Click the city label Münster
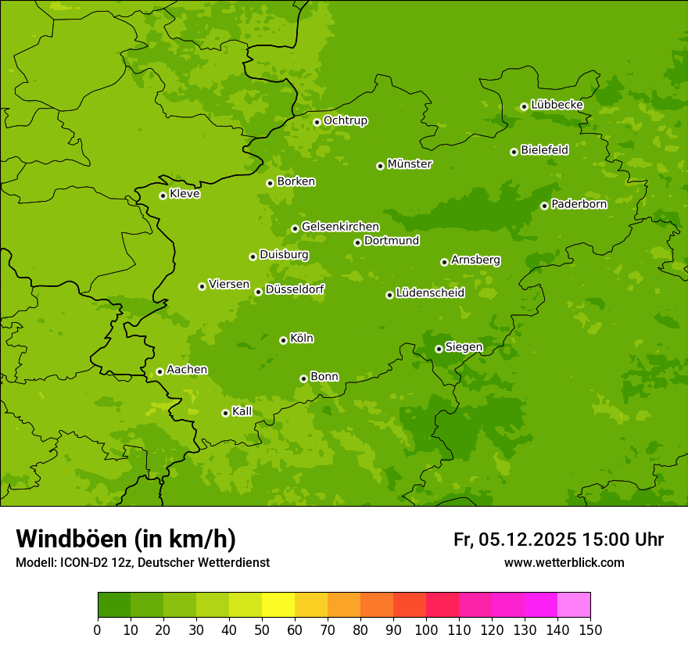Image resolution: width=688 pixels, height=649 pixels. click(410, 164)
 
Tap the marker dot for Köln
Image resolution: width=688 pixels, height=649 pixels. click(283, 340)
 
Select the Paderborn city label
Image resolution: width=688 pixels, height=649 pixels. click(579, 204)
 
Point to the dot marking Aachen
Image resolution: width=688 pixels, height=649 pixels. click(159, 371)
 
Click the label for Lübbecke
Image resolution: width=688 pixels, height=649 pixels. click(557, 105)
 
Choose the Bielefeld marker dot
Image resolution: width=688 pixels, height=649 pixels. click(514, 152)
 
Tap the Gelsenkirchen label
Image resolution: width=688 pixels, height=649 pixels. click(340, 227)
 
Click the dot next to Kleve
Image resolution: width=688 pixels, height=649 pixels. click(163, 195)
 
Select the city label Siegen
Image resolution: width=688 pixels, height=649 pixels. click(464, 347)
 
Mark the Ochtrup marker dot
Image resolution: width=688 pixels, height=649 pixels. click(317, 122)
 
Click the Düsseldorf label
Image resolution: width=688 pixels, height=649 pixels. click(295, 289)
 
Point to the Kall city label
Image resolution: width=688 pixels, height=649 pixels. click(242, 411)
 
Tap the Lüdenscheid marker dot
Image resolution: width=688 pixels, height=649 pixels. click(389, 295)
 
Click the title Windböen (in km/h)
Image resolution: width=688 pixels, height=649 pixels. click(126, 539)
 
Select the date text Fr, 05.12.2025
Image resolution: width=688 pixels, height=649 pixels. click(515, 540)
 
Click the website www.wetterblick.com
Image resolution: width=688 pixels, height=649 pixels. click(564, 563)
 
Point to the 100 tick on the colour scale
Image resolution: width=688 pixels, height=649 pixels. click(426, 629)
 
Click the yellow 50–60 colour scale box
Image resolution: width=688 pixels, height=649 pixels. click(278, 605)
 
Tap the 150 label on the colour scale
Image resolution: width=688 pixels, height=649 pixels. click(590, 629)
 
